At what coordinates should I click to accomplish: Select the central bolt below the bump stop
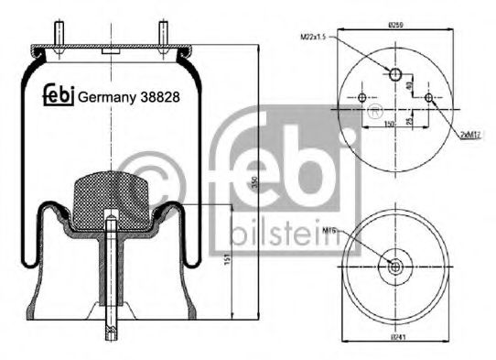click(x=110, y=275)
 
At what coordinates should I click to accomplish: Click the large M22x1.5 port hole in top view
click(x=395, y=75)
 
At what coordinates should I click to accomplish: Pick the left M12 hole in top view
click(x=363, y=99)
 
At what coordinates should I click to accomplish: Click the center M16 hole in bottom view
click(x=395, y=267)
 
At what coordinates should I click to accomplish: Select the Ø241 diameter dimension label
click(x=395, y=340)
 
